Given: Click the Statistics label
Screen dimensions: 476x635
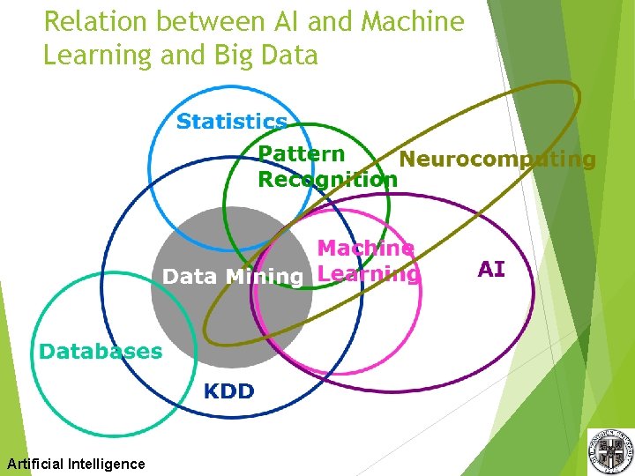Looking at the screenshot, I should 232,122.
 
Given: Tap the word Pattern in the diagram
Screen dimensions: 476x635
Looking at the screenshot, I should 301,154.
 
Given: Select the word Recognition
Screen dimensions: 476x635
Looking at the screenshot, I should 327,180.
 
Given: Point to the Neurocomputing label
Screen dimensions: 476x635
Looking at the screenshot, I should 497,160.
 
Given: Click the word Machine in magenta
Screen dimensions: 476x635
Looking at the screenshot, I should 365,249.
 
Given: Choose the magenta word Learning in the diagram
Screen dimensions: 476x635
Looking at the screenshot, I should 368,274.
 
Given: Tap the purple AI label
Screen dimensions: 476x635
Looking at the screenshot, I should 491,269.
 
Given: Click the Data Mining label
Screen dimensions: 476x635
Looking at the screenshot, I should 233,277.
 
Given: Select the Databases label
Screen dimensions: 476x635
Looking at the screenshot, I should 101,352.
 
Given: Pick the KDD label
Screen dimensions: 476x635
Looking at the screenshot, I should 229,391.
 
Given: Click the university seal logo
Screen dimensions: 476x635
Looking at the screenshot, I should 610,450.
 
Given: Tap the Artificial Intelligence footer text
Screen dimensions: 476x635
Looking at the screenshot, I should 76,464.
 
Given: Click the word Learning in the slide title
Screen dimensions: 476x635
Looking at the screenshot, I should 97,55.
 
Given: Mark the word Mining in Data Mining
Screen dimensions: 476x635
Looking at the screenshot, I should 265,277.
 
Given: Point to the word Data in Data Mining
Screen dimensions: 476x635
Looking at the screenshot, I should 190,277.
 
